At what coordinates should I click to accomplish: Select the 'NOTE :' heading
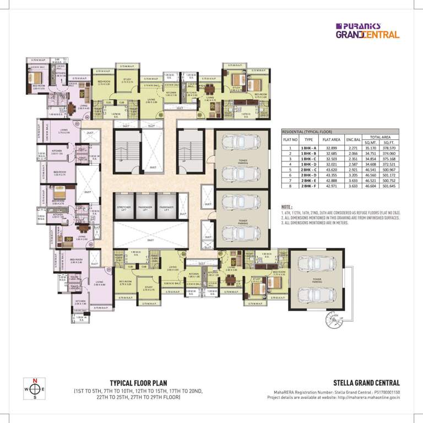point(290,207)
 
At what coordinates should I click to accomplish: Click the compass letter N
point(35,381)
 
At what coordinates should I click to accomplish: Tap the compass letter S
point(35,397)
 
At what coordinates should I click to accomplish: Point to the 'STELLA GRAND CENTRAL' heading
point(366,383)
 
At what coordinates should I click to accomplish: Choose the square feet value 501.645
point(389,187)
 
